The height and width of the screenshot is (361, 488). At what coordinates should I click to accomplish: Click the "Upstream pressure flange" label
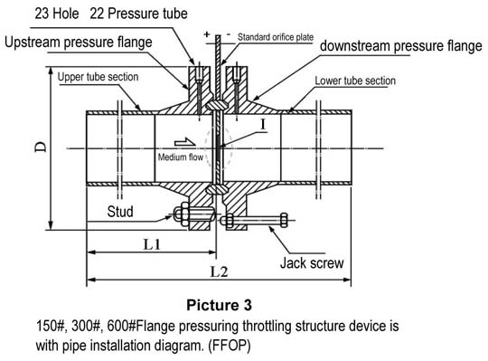pos(79,43)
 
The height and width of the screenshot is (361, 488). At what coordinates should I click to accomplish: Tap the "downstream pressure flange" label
pos(401,46)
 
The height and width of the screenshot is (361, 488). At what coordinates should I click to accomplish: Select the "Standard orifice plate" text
pos(276,37)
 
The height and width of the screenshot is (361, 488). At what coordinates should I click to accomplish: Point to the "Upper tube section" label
pos(98,77)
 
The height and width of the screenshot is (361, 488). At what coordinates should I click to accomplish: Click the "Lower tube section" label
pos(355,81)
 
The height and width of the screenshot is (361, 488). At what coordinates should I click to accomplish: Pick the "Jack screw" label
pos(312,263)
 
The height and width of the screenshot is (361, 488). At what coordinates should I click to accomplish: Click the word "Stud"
pos(120,212)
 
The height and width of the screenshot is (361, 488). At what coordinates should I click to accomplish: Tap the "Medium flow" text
pos(181,157)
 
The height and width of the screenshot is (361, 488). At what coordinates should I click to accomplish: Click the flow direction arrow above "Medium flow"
pos(185,142)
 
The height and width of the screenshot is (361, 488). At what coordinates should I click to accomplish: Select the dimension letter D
pos(41,147)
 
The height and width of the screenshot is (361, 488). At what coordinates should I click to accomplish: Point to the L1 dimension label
pos(152,244)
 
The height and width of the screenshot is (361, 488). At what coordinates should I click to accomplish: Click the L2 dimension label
pos(219,272)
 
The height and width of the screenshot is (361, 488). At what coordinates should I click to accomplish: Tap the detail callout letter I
pos(263,125)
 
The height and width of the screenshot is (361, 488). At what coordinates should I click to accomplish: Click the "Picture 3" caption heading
pos(219,305)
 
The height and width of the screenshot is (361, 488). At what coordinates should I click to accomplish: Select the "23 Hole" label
pos(57,14)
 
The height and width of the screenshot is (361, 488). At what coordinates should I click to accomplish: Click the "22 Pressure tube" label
pos(139,14)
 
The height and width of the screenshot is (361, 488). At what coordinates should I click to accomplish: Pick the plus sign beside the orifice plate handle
pos(207,34)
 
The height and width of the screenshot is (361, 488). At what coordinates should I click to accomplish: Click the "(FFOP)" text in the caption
pos(230,346)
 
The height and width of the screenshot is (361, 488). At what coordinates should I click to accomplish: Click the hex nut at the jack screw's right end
pos(284,220)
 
